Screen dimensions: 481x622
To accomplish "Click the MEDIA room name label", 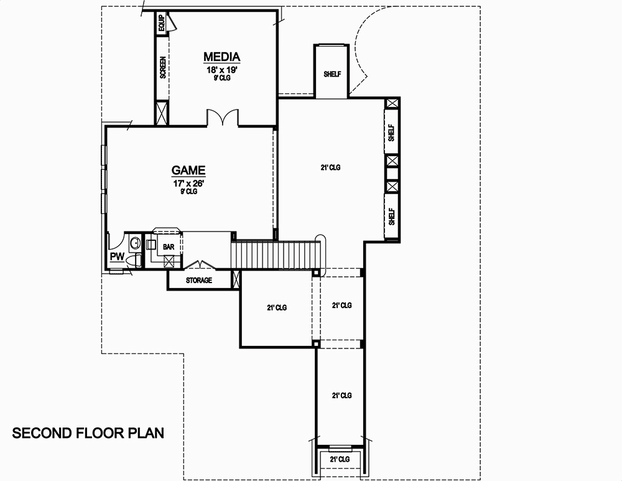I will [x=221, y=57].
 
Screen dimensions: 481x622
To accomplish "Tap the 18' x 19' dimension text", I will [x=222, y=70].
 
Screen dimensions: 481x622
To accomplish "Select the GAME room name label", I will [x=188, y=170].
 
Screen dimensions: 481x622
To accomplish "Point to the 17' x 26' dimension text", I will [x=188, y=184].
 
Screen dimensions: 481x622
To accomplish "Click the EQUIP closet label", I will [x=162, y=24].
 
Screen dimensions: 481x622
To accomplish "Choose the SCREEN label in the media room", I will [x=163, y=67].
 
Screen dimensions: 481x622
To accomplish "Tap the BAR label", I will [x=169, y=247].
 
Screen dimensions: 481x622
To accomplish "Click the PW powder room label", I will [x=117, y=256].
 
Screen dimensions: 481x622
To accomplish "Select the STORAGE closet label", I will [x=199, y=281].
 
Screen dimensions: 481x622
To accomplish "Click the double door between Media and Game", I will [x=223, y=119].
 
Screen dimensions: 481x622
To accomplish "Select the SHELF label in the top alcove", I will [x=332, y=74].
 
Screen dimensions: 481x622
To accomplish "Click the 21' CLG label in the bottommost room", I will [x=340, y=459].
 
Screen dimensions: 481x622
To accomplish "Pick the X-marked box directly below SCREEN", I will [x=162, y=113].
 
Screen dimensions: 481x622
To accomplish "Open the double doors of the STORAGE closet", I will [x=200, y=266].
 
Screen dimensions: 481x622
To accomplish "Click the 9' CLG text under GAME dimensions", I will [x=188, y=192].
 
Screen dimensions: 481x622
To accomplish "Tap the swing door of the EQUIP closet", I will [x=173, y=22].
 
